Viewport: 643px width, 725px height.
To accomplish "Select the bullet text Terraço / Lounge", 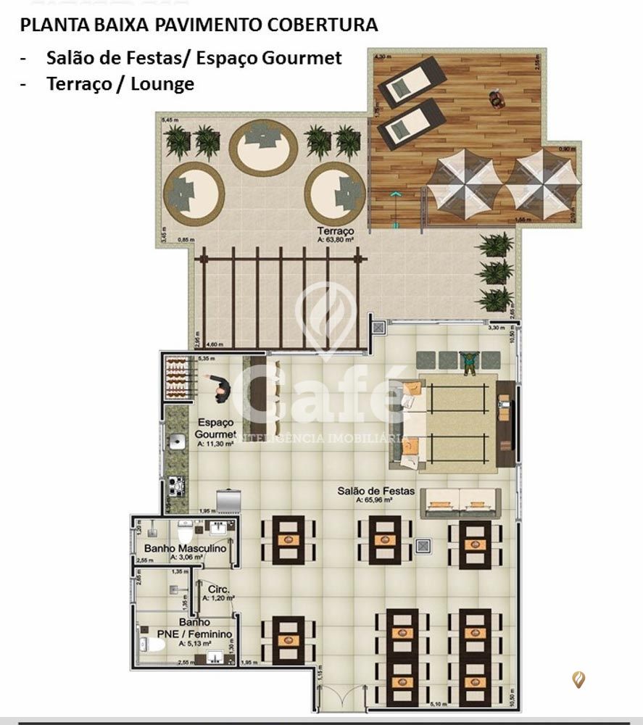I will pyautogui.click(x=120, y=84).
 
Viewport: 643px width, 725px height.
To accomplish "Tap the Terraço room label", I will pyautogui.click(x=335, y=230).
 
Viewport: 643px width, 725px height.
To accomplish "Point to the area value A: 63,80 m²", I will pyautogui.click(x=335, y=239).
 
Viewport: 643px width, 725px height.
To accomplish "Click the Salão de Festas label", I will pyautogui.click(x=376, y=491).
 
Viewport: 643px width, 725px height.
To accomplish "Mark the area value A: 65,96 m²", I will pyautogui.click(x=374, y=500).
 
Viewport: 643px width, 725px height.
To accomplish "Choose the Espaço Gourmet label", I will pyautogui.click(x=215, y=428).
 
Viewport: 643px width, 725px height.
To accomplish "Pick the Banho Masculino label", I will pyautogui.click(x=185, y=549).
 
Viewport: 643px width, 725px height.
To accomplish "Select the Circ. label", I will pyautogui.click(x=218, y=589).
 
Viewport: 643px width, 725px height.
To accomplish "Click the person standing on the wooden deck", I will pyautogui.click(x=497, y=99).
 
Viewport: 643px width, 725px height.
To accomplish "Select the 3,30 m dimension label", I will pyautogui.click(x=495, y=328).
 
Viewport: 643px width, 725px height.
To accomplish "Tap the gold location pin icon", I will pyautogui.click(x=578, y=679).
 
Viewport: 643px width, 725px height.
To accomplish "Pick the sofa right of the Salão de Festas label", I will pyautogui.click(x=461, y=502).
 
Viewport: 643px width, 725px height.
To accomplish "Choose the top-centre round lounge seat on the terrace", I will pyautogui.click(x=262, y=147).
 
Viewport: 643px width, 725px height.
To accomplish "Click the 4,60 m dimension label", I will pyautogui.click(x=214, y=344).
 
